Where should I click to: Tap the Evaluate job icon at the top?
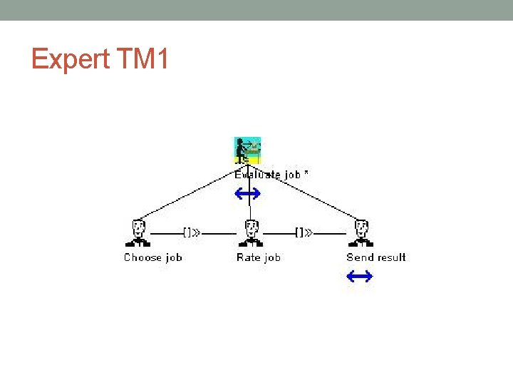[248, 150]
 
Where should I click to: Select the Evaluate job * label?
[271, 174]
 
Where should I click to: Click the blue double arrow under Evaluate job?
[247, 192]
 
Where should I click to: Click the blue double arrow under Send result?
[360, 276]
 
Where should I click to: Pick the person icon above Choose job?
[138, 232]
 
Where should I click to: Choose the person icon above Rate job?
[251, 232]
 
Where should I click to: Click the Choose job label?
[153, 257]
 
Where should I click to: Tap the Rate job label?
[259, 257]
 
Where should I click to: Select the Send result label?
[376, 257]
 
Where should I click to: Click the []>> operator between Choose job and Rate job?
[192, 232]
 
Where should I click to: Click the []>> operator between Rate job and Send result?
[304, 232]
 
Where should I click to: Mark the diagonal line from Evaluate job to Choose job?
[189, 190]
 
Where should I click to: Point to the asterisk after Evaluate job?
[306, 173]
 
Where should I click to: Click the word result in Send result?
[390, 257]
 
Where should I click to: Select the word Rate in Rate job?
[249, 257]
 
